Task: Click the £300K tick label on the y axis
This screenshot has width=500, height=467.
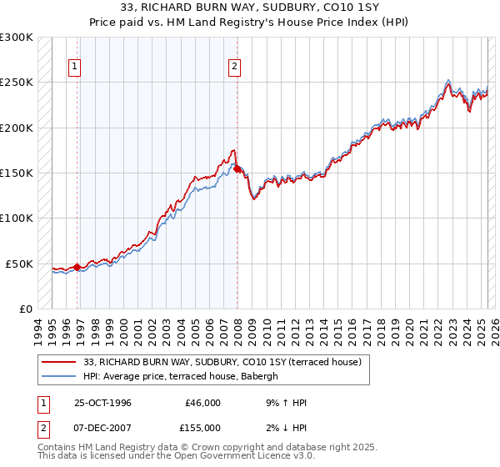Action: pos(17,38)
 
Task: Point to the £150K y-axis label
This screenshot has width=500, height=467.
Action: pos(17,173)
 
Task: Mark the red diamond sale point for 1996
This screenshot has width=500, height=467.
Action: pos(77,267)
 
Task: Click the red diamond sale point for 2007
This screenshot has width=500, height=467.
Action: pos(237,168)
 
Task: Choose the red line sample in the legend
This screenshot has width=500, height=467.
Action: pos(59,362)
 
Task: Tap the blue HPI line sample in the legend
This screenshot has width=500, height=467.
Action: pos(59,376)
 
